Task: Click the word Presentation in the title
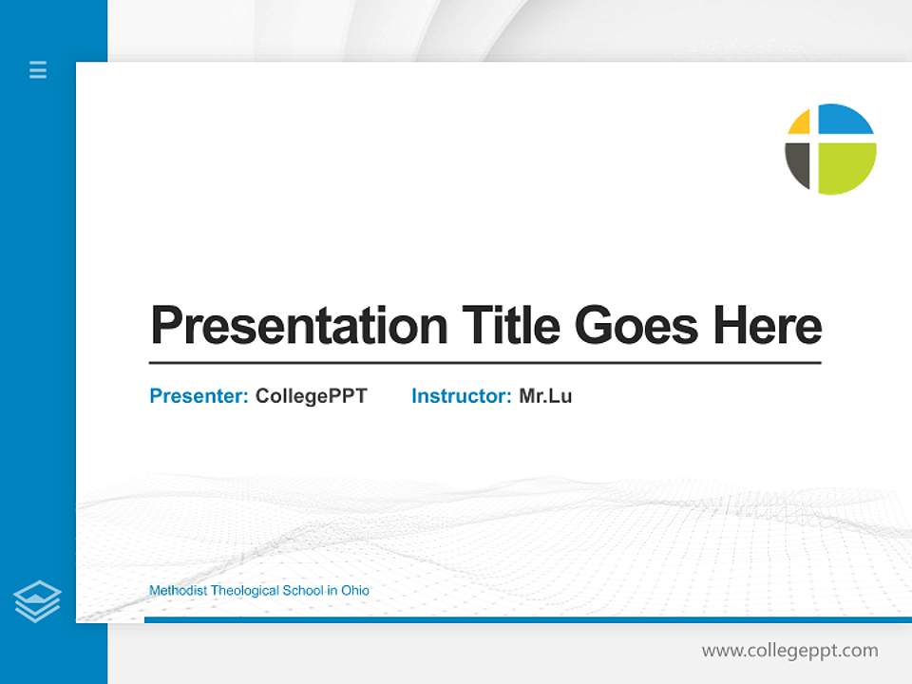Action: coord(298,326)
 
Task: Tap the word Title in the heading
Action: coord(510,326)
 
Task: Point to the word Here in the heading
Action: coord(768,326)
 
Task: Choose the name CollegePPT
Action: coord(311,396)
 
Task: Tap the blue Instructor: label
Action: coord(462,396)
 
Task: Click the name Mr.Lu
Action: coord(545,396)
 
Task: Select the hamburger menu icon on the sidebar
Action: coord(38,69)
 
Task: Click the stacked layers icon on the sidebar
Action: coord(37,601)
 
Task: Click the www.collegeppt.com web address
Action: coord(789,651)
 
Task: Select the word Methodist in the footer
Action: coord(178,591)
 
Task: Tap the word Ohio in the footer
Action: coord(354,591)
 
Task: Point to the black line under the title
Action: coord(484,363)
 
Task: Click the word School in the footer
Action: coord(304,591)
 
